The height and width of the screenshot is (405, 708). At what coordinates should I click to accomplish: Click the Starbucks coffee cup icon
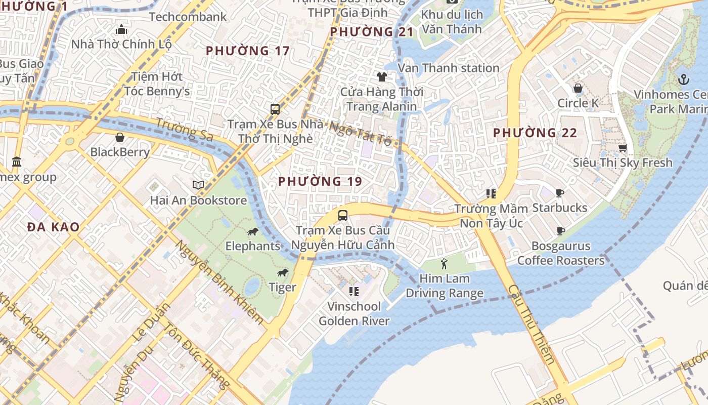click(x=559, y=193)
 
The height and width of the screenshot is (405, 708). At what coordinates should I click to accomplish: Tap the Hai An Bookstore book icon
click(x=198, y=185)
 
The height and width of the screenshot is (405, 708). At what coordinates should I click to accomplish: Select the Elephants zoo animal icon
click(x=253, y=232)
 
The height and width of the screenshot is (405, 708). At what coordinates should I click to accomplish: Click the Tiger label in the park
click(x=282, y=288)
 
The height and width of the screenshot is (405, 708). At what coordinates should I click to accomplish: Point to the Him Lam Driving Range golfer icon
click(x=444, y=264)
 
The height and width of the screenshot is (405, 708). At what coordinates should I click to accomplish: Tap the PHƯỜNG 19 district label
click(x=320, y=181)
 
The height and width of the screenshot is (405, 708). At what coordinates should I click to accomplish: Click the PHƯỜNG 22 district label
click(x=535, y=133)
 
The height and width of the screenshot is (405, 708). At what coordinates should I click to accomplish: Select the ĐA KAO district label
click(x=54, y=227)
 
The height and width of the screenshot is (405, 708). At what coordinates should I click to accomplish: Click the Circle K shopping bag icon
click(x=578, y=89)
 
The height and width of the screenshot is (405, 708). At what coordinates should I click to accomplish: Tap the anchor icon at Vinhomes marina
click(x=683, y=79)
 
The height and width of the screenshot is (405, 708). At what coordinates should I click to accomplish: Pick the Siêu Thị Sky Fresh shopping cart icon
click(x=623, y=148)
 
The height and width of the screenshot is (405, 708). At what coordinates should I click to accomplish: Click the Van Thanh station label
click(x=449, y=68)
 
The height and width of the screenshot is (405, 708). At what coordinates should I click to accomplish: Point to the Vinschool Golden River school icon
click(x=354, y=291)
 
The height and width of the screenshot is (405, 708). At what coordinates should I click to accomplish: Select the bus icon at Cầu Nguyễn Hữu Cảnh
click(x=343, y=215)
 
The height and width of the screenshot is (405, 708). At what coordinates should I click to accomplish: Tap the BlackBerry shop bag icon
click(x=120, y=137)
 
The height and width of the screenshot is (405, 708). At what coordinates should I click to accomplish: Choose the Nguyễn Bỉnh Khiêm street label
click(x=219, y=281)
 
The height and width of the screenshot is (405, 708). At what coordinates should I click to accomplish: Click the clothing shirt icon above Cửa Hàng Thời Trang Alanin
click(x=381, y=77)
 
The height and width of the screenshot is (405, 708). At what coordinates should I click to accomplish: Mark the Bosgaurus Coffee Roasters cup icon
click(x=560, y=231)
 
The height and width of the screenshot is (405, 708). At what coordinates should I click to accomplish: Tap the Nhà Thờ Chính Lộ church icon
click(x=121, y=29)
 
